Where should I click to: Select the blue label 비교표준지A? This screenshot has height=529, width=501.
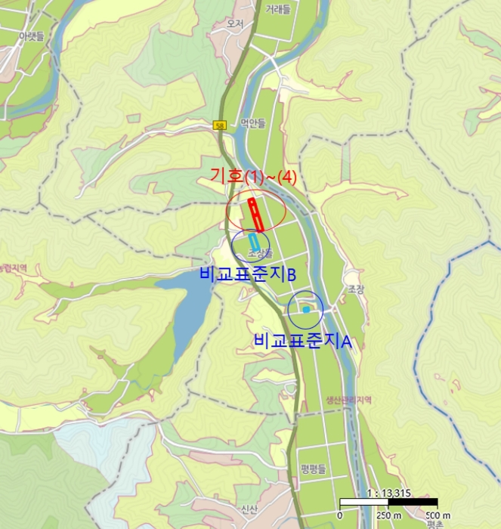click(x=305, y=341)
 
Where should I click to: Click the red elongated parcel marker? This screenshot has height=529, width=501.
click(x=256, y=214)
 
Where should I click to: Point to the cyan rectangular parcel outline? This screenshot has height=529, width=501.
click(x=254, y=242)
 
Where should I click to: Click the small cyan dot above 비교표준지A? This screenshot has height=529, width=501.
click(x=305, y=310)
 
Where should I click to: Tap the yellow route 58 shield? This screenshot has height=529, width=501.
click(x=220, y=125)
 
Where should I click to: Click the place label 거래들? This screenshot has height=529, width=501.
click(x=277, y=9)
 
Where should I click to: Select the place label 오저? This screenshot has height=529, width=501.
click(x=235, y=23)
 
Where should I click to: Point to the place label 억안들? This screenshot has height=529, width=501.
click(x=253, y=124)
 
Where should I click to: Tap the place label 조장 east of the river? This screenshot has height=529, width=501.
click(x=356, y=289)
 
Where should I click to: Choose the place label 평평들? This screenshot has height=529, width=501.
click(x=312, y=469)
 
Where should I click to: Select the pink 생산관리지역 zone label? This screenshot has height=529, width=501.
click(x=349, y=400)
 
